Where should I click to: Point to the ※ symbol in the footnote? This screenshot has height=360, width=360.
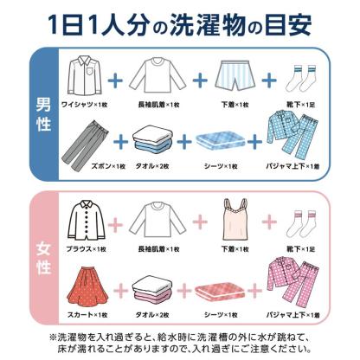(x=53, y=333)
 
